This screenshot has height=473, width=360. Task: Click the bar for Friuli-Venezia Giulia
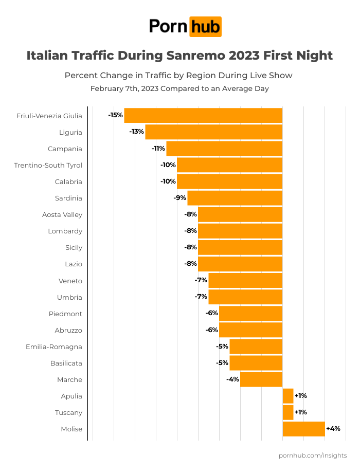click(x=203, y=116)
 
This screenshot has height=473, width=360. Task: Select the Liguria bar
click(x=214, y=132)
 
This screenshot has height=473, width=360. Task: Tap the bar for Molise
click(x=303, y=429)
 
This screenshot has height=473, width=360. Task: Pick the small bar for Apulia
click(x=288, y=396)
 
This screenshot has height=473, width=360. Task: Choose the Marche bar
click(x=261, y=379)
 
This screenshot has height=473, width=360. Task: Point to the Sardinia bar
click(x=235, y=198)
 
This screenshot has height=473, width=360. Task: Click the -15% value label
click(x=115, y=115)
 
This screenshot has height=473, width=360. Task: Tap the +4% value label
click(x=333, y=429)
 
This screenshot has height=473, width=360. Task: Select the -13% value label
click(x=136, y=132)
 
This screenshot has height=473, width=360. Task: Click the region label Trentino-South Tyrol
click(x=48, y=165)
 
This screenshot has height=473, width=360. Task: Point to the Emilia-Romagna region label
click(x=54, y=347)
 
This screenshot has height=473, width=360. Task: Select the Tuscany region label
click(x=68, y=412)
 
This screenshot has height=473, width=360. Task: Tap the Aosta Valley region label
click(x=62, y=214)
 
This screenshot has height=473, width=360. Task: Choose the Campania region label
click(x=65, y=149)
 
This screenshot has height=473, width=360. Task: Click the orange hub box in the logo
click(x=205, y=26)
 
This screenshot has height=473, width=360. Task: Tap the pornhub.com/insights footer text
click(x=313, y=456)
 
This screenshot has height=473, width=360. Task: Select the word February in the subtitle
click(x=107, y=88)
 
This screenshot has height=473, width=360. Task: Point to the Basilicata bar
click(x=256, y=363)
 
